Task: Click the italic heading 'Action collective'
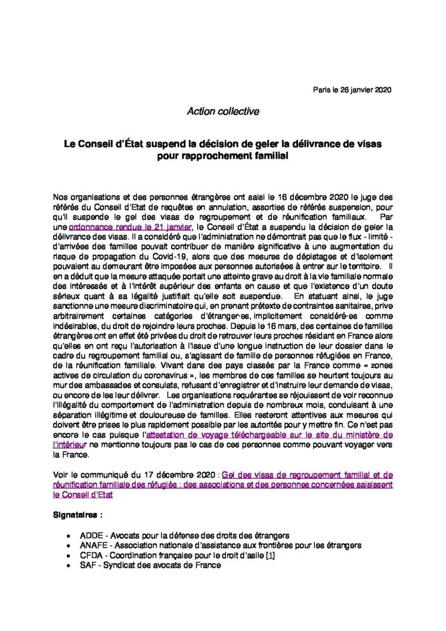coord(223,112)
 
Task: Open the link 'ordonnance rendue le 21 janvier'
coord(131,227)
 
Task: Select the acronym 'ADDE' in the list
coord(91,536)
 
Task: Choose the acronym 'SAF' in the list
coord(88,565)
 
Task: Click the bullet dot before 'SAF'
coord(72,566)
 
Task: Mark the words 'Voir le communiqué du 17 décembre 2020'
coord(134,475)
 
